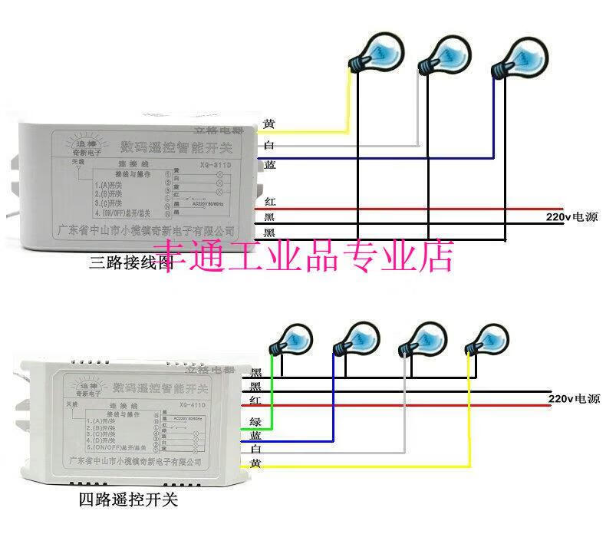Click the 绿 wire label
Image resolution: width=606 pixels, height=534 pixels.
click(x=255, y=420)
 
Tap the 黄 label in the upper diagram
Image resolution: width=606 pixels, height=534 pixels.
click(x=268, y=124)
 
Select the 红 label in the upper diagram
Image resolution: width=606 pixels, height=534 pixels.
click(x=269, y=202)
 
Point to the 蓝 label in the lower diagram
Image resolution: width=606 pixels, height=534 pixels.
click(x=255, y=434)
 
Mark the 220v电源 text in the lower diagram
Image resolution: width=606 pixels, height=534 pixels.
click(x=574, y=398)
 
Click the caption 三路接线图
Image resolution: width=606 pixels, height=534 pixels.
click(x=129, y=263)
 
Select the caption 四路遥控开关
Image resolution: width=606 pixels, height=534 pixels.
click(x=128, y=500)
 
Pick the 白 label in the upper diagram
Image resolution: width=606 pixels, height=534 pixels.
click(x=268, y=145)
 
